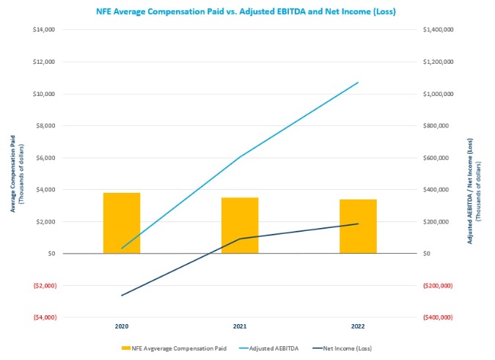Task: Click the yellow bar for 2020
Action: tap(122, 223)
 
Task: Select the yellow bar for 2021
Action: tap(240, 225)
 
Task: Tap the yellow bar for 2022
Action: tap(358, 226)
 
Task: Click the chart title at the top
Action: tap(247, 11)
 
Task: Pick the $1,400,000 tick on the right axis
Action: tap(437, 30)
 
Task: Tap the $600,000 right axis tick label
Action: tap(436, 158)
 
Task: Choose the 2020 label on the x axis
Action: tap(122, 325)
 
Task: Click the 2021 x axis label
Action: tap(240, 325)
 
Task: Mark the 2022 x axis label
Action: tap(358, 325)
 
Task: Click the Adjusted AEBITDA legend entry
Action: tap(281, 347)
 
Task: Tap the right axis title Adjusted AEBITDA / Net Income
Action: tap(473, 173)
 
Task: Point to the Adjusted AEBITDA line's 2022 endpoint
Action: tap(358, 82)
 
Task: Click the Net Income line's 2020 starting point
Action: tap(122, 295)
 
